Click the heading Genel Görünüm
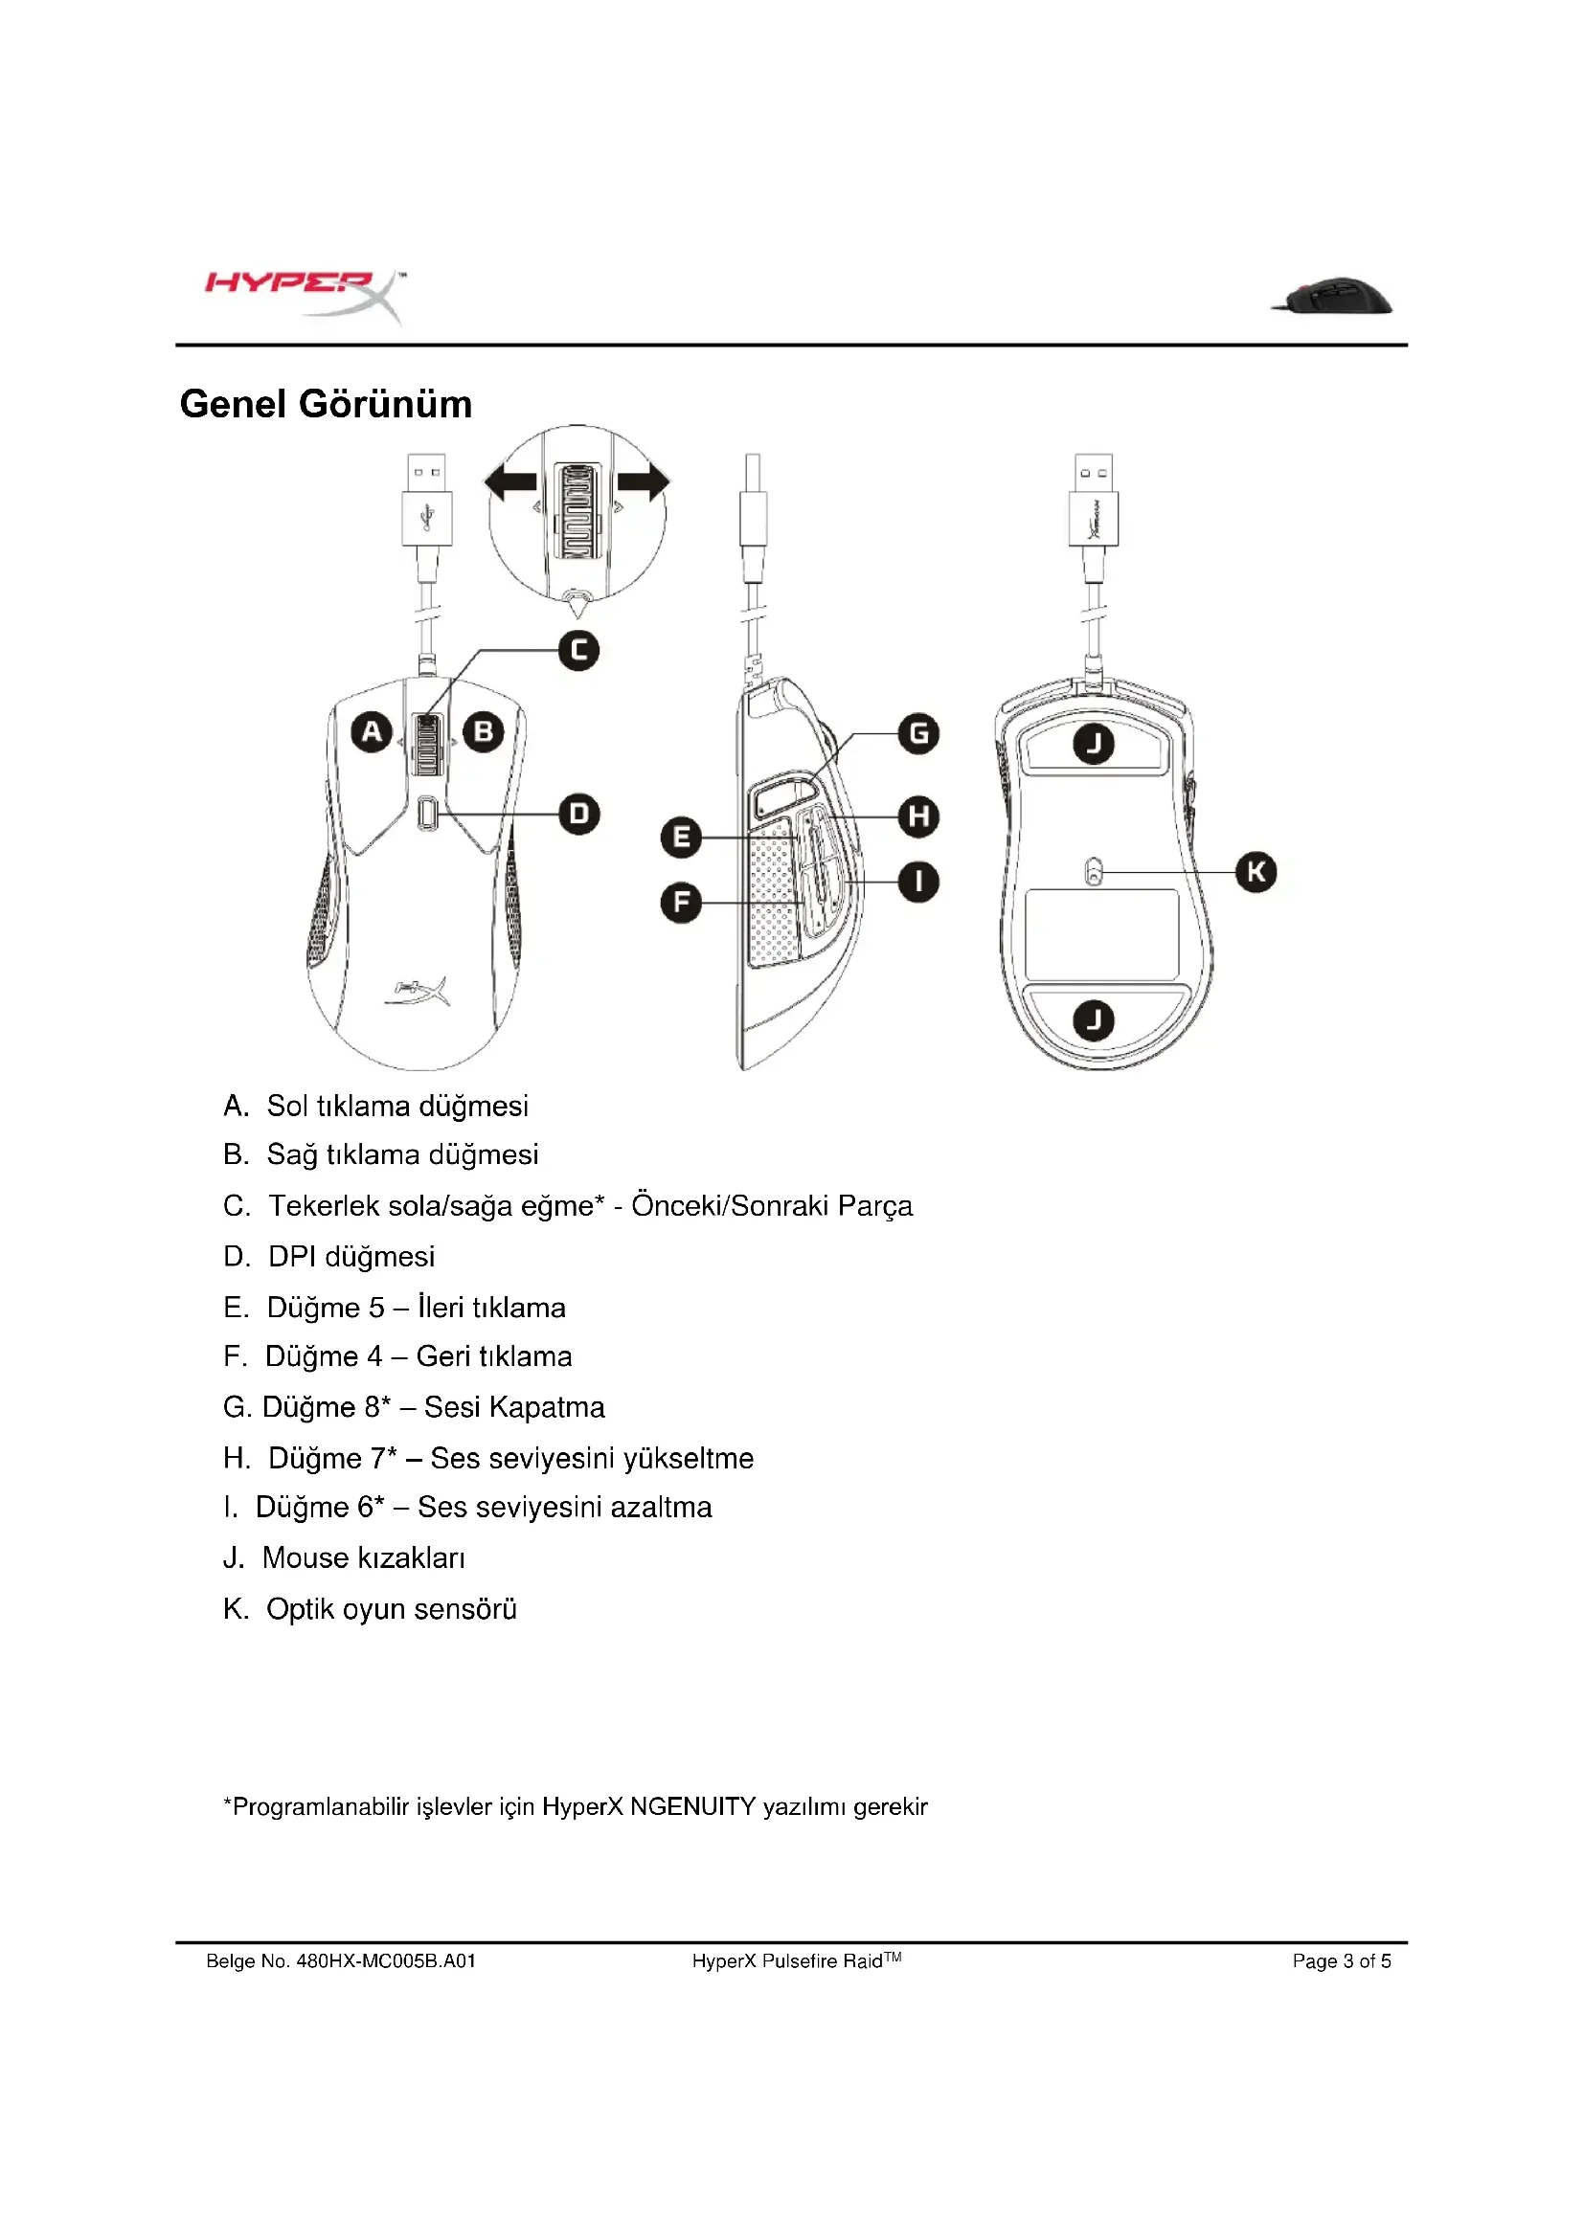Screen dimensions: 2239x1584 [326, 404]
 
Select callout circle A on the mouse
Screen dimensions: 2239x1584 [372, 731]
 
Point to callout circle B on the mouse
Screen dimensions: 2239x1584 [484, 731]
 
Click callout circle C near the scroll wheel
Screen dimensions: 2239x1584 [578, 650]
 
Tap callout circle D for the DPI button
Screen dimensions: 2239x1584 [579, 814]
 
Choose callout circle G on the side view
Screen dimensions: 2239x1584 [918, 733]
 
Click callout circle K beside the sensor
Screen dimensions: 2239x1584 [1256, 872]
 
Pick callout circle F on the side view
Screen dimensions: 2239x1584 [681, 903]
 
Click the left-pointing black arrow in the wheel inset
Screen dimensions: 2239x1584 [511, 481]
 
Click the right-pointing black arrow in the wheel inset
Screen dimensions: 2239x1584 [644, 481]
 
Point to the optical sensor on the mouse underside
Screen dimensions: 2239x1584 [1094, 871]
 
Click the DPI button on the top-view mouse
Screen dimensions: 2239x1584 [427, 814]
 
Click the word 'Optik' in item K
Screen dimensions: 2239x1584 [295, 1609]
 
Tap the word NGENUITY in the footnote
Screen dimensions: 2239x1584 [692, 1806]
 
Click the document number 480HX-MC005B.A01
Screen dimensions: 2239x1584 [385, 1961]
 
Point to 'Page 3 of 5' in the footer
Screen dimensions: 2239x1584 [1341, 1961]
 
